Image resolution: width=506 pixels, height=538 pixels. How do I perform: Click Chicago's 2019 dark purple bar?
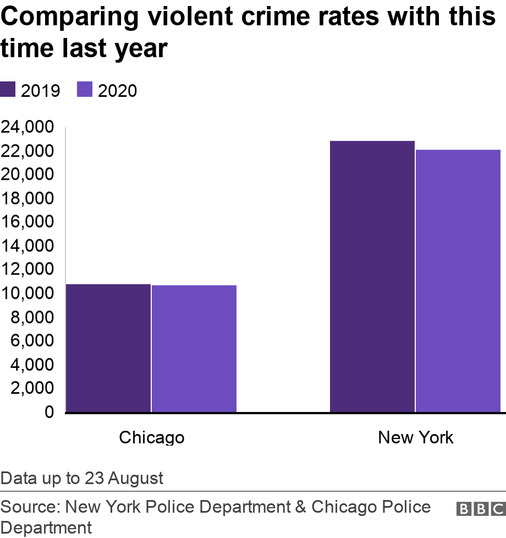(x=108, y=348)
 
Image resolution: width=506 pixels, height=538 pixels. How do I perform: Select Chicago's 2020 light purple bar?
(x=194, y=348)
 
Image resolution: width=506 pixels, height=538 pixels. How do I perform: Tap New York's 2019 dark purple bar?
(x=372, y=276)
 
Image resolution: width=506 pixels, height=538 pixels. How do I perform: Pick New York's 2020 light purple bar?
(x=458, y=281)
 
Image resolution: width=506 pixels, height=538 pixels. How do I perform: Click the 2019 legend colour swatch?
(x=9, y=90)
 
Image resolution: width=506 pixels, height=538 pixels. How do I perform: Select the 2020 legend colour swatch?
(x=86, y=90)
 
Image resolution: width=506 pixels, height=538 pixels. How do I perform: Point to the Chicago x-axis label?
(x=151, y=437)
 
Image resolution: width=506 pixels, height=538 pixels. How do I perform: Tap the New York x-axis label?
(x=415, y=437)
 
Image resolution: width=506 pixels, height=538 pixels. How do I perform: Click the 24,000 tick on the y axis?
(x=28, y=128)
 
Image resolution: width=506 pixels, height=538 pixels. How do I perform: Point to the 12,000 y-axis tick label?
(x=28, y=270)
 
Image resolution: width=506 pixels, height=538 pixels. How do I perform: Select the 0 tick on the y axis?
(x=49, y=412)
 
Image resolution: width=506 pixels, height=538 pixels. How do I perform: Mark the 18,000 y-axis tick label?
(x=28, y=199)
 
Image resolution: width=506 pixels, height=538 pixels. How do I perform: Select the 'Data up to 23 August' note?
(x=82, y=478)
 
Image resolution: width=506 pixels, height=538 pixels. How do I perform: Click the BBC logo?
(x=480, y=509)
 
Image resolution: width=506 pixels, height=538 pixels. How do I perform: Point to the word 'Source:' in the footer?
(x=31, y=507)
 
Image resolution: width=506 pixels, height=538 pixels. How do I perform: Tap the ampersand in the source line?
(x=300, y=507)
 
